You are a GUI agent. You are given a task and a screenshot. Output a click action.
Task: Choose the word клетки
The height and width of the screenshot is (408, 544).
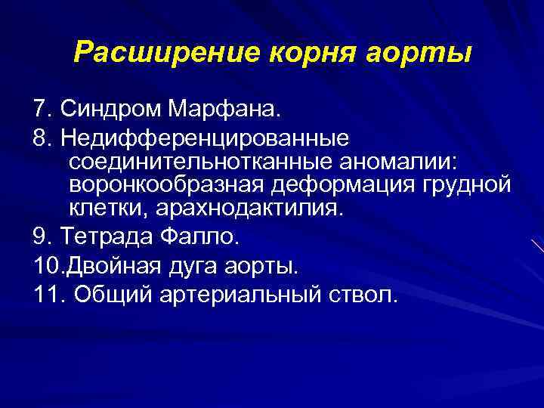[x=100, y=208]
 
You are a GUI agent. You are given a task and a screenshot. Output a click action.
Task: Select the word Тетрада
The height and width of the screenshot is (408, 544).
[x=105, y=237]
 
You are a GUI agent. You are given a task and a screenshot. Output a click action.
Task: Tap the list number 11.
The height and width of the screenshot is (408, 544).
[x=44, y=295]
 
